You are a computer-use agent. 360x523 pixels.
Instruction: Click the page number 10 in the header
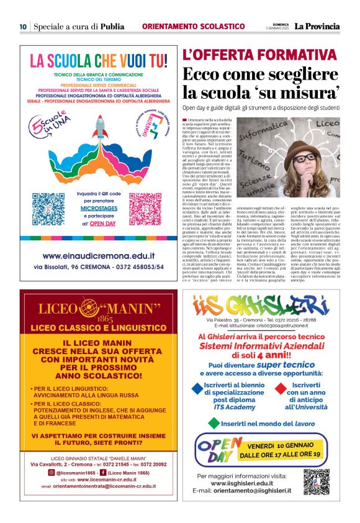tap(22, 27)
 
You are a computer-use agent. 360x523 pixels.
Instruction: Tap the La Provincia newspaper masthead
tap(317, 27)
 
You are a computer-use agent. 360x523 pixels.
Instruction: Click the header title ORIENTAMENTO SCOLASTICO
tap(193, 27)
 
